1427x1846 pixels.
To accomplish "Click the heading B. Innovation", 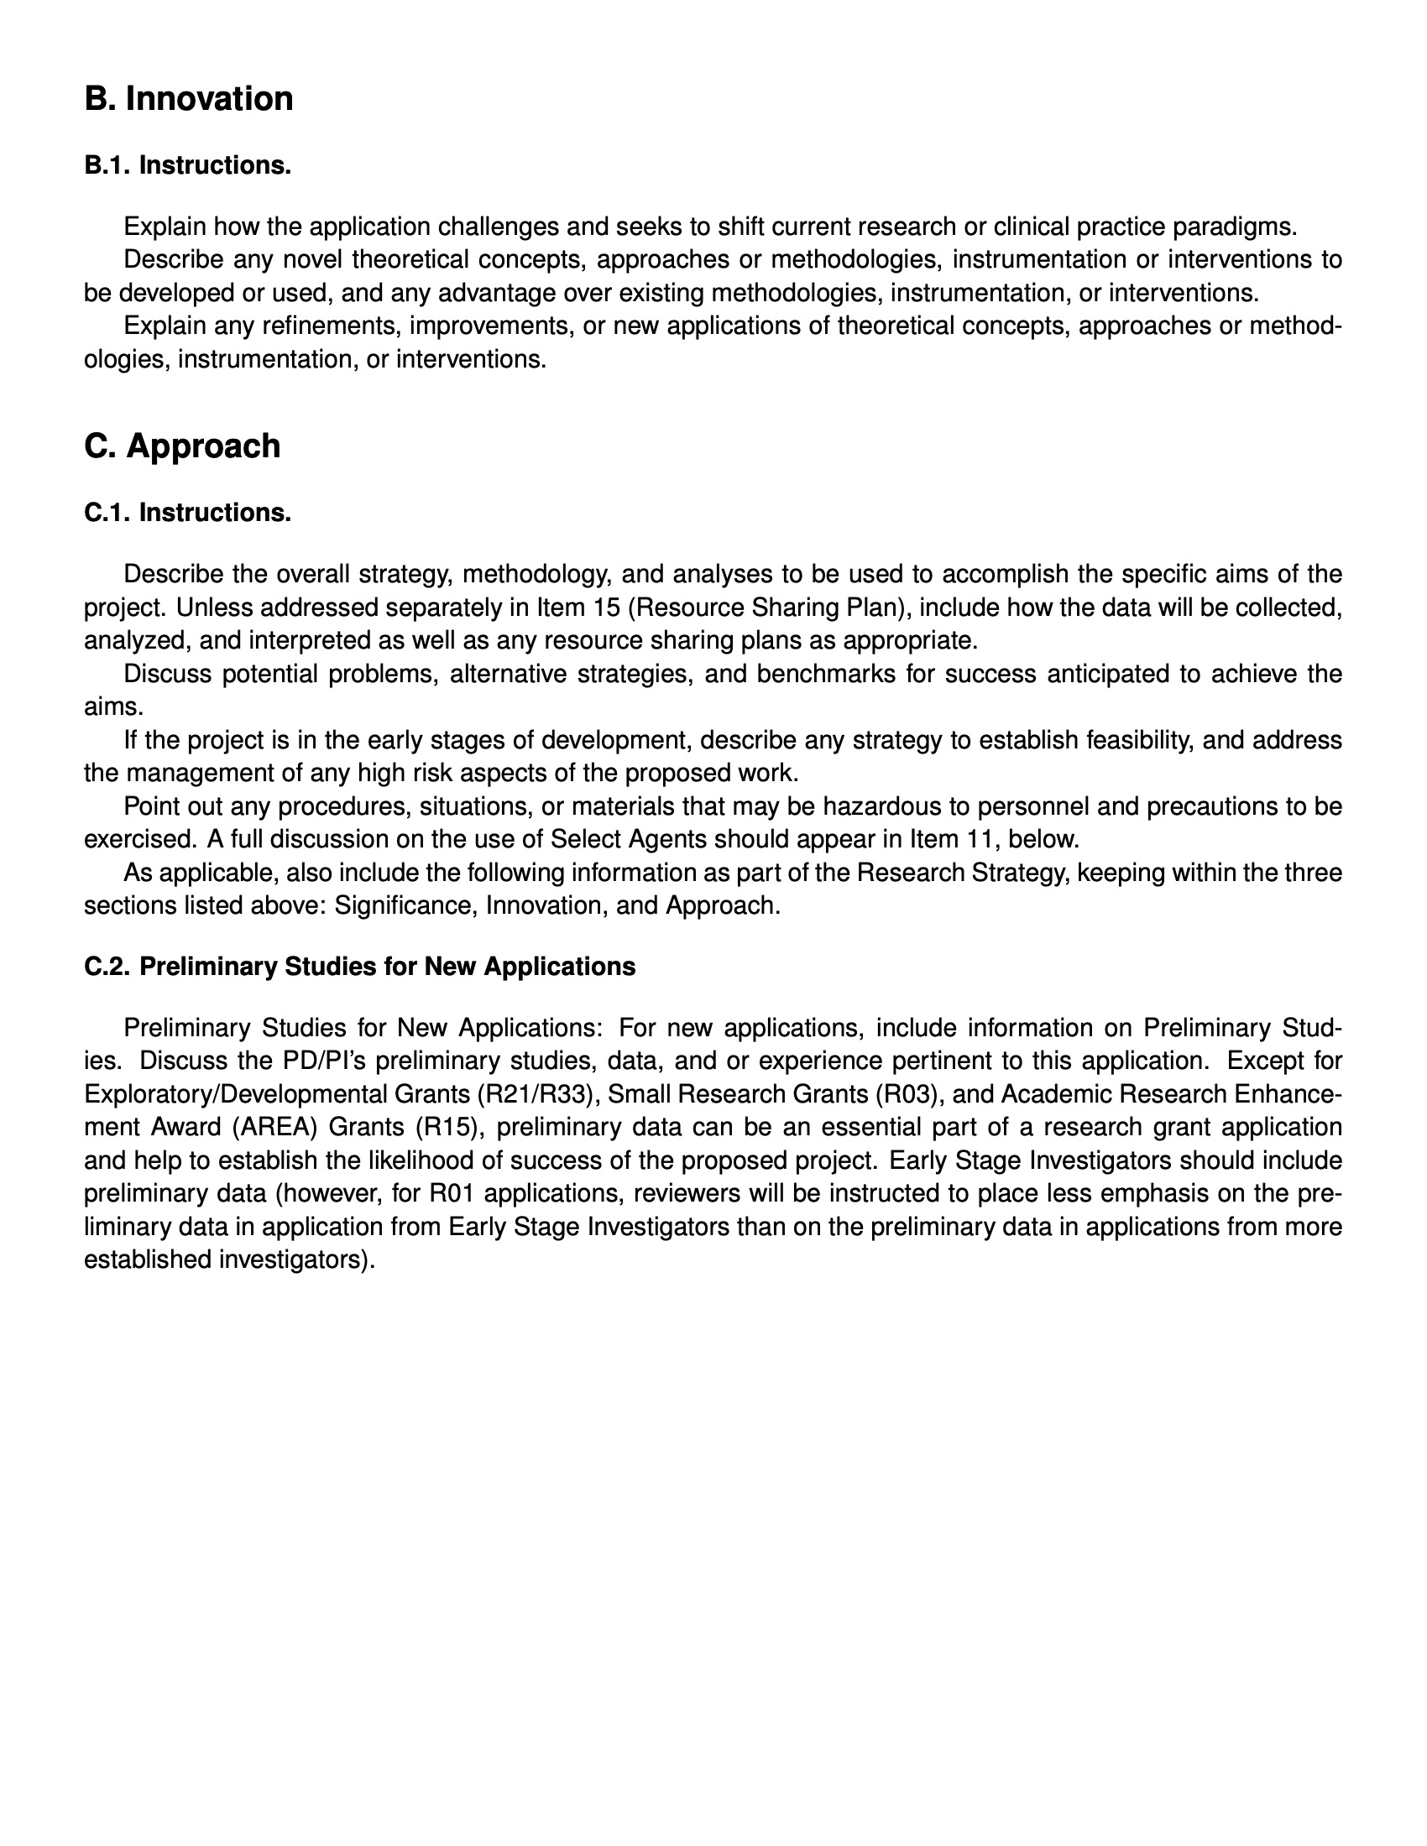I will coord(189,99).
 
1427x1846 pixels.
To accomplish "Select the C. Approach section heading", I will coord(182,446).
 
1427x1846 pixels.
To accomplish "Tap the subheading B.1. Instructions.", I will coord(188,165).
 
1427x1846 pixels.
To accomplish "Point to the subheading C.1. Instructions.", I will coord(188,513).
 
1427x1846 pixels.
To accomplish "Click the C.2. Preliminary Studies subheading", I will coord(359,967).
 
